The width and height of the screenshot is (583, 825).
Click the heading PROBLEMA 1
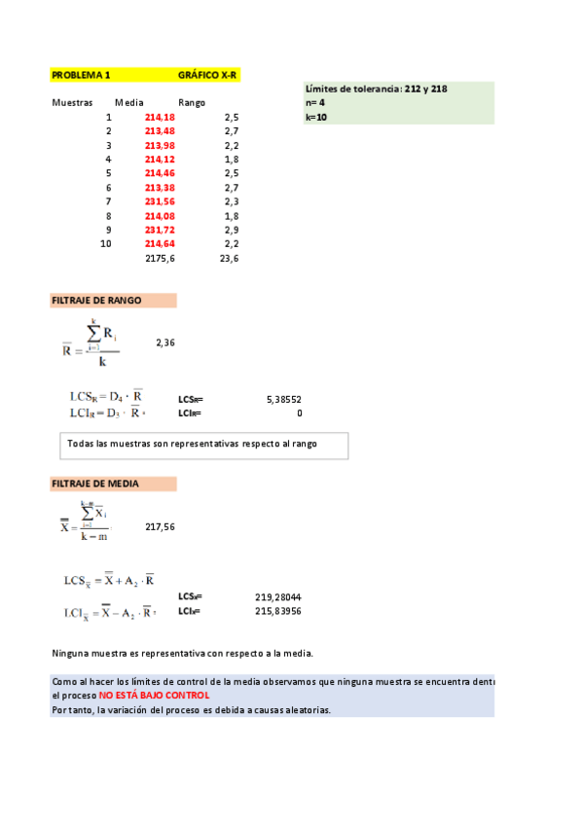[81, 74]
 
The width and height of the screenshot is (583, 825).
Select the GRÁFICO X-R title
[208, 74]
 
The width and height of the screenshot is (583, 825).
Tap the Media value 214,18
[160, 117]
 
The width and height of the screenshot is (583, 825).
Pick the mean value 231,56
[160, 201]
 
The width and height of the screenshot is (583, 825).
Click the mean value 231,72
[160, 230]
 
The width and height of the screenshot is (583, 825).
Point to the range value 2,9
[232, 230]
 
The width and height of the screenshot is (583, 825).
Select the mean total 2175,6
[160, 259]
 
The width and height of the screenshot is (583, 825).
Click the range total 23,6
[230, 259]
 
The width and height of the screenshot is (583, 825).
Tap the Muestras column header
[72, 102]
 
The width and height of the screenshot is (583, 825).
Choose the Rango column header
[192, 102]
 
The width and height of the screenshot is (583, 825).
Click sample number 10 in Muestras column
[105, 244]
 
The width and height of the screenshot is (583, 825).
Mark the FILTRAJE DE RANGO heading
[96, 301]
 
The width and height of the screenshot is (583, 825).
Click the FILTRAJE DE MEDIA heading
[94, 484]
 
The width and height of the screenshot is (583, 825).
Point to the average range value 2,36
[165, 342]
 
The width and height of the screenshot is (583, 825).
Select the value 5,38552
[283, 399]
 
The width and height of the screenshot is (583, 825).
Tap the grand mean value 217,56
[160, 526]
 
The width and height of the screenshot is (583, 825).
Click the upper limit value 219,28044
[278, 596]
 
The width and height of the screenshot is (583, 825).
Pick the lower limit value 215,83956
[278, 611]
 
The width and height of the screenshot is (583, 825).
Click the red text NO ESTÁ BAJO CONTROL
[154, 696]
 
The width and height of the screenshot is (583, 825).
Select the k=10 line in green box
[316, 117]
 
